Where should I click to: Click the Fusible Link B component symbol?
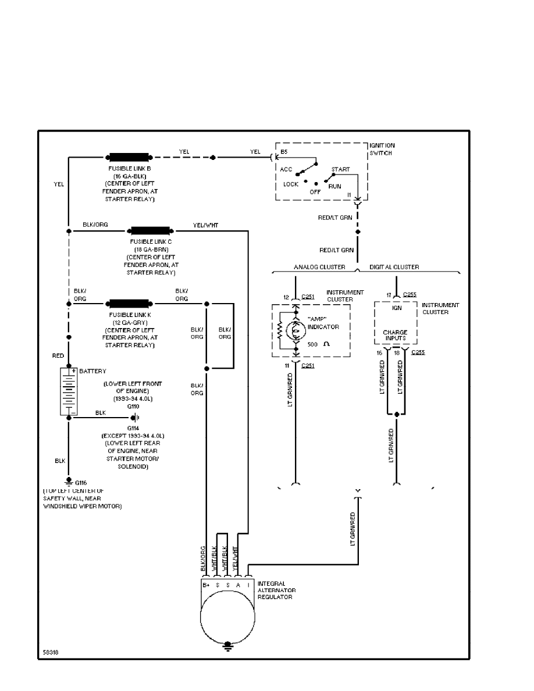pos(129,157)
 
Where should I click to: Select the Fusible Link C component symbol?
pos(151,230)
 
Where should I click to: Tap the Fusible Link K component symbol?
pos(129,303)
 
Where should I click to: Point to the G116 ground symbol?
pos(68,482)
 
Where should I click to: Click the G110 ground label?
pos(134,407)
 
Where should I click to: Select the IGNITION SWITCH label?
pos(382,148)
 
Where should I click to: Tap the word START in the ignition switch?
pos(340,170)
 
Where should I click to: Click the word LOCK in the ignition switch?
pos(291,184)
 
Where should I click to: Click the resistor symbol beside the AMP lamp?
pos(280,330)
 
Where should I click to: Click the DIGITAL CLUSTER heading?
pos(394,268)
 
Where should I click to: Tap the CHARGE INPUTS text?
pos(395,336)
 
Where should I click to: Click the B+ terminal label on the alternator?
pos(205,584)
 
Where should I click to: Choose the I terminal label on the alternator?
pos(248,584)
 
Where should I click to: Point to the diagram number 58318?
pos(51,652)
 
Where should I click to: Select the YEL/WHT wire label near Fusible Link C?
pos(205,225)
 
